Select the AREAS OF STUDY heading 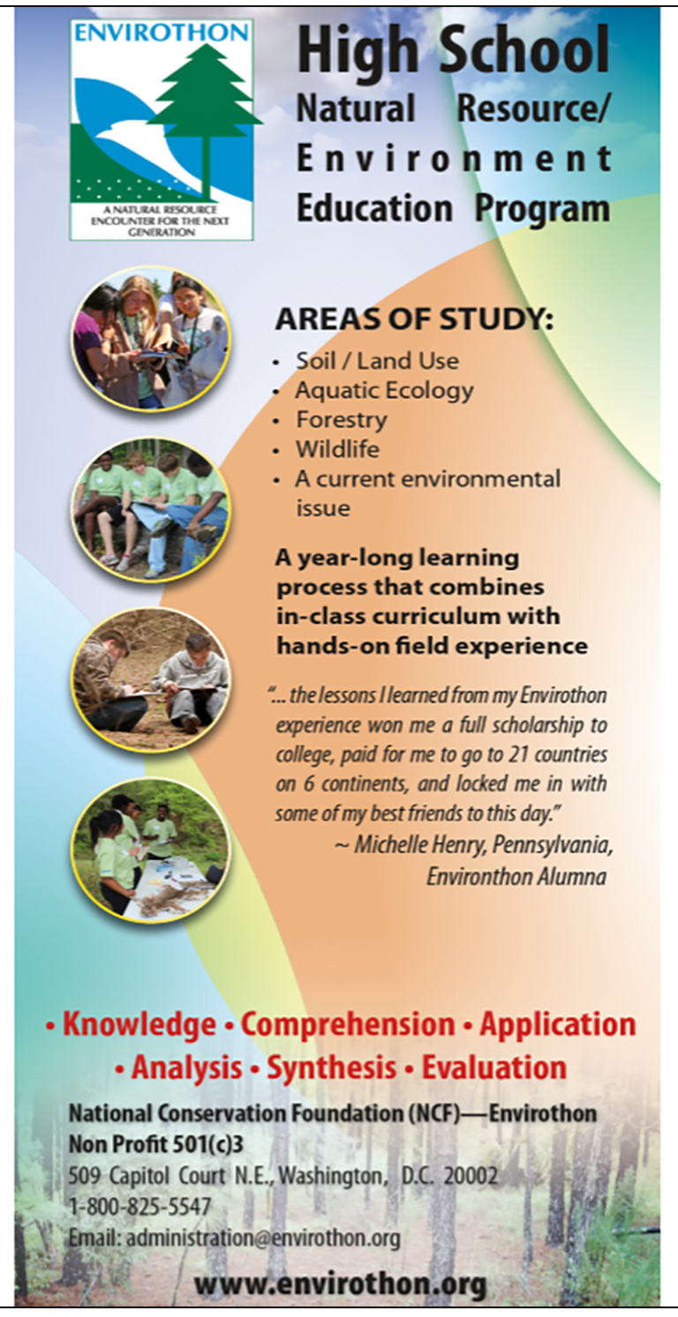[x=414, y=320]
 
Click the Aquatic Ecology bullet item [x=384, y=391]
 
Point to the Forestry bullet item [x=342, y=421]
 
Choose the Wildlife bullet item [x=338, y=449]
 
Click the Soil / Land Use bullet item [x=377, y=361]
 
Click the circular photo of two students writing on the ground [x=151, y=682]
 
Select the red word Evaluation [x=493, y=1066]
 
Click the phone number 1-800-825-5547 [x=139, y=1207]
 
